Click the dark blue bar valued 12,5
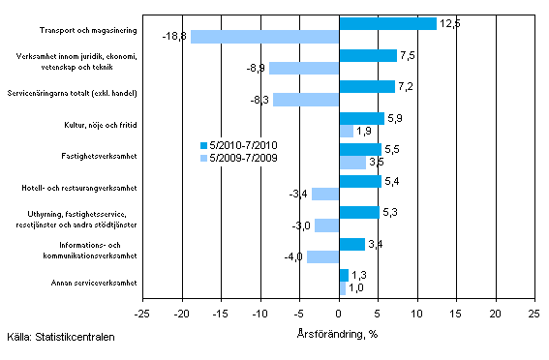pyautogui.click(x=387, y=23)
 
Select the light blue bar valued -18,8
pyautogui.click(x=264, y=37)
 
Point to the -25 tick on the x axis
pyautogui.click(x=141, y=314)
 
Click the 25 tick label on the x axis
pyautogui.click(x=534, y=314)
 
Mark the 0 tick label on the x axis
pyautogui.click(x=339, y=314)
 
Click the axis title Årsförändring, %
pyautogui.click(x=338, y=334)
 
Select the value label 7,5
pyautogui.click(x=409, y=55)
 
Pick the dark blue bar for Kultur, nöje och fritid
pyautogui.click(x=361, y=118)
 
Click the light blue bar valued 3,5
pyautogui.click(x=352, y=163)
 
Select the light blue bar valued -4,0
pyautogui.click(x=322, y=257)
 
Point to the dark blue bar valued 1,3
pyautogui.click(x=344, y=276)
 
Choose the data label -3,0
pyautogui.click(x=300, y=225)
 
